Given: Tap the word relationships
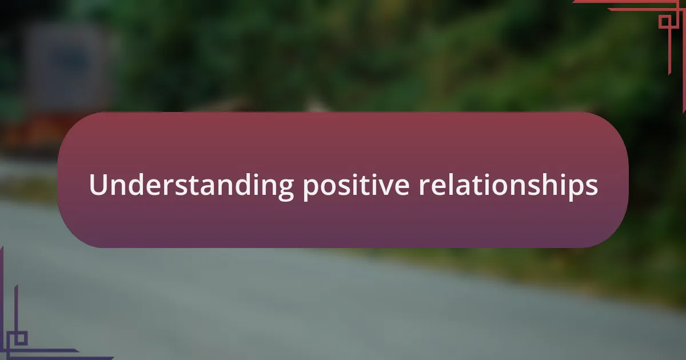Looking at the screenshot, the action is (508, 186).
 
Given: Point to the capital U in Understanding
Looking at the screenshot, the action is (98, 184).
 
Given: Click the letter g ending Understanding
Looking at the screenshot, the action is (286, 190).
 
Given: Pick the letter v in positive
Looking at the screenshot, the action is (382, 187).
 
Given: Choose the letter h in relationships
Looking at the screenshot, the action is (547, 184).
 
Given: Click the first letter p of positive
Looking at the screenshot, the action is (310, 190).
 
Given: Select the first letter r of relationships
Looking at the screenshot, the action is (424, 187).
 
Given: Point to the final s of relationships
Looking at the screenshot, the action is (592, 187).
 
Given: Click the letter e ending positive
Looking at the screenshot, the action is (401, 187).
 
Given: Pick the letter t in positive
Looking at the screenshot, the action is (361, 186).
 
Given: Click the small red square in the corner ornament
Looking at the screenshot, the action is (665, 22).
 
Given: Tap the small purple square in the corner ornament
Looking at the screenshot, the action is (21, 338).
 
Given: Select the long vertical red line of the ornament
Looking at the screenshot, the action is (670, 42).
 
